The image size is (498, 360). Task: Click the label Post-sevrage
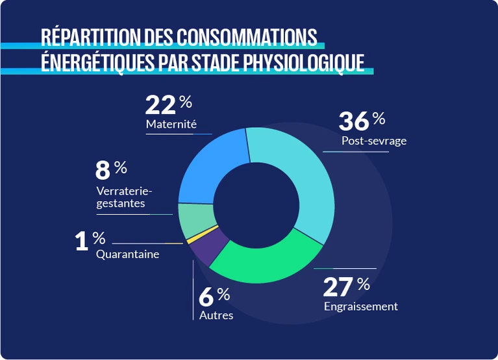pyautogui.click(x=373, y=141)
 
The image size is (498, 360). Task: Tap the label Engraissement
pyautogui.click(x=360, y=306)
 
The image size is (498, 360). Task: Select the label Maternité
pyautogui.click(x=171, y=124)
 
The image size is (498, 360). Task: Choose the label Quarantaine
pyautogui.click(x=127, y=254)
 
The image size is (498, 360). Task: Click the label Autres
pyautogui.click(x=216, y=315)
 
